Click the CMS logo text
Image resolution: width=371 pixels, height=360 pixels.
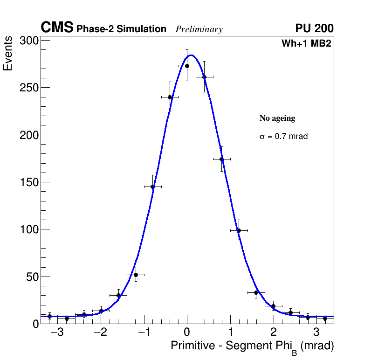coord(57,28)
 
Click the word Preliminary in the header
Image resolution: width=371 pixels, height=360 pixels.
coord(199,29)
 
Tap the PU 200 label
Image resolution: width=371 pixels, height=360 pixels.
coord(314,28)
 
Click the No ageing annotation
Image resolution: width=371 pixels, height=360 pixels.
coord(277,118)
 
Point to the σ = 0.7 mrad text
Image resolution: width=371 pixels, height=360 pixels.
coord(283,137)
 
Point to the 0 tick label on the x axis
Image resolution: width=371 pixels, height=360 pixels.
coord(187,333)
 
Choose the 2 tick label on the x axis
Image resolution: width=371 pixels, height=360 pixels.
coord(273,333)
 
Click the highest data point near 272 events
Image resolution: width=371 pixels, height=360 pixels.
coord(187,66)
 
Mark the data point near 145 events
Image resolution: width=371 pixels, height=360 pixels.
coord(152,187)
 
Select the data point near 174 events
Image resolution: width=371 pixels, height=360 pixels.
coord(221,159)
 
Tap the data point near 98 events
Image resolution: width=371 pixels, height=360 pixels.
coord(239,230)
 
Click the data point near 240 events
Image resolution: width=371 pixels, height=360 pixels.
coord(170,97)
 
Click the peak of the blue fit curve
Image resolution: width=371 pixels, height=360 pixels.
coord(191,55)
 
